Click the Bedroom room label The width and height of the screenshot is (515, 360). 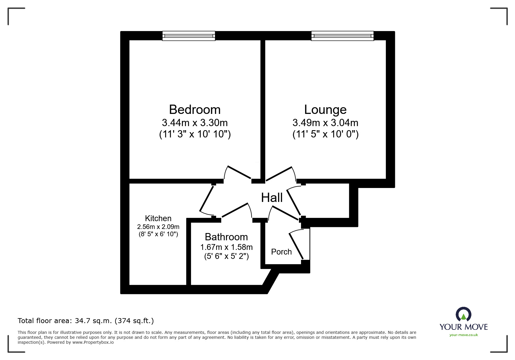[x=195, y=110]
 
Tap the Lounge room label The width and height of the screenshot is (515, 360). [x=325, y=110]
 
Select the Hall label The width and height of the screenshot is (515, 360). [x=272, y=198]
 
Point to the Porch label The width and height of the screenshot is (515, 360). [x=281, y=252]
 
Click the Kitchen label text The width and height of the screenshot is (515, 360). [x=158, y=218]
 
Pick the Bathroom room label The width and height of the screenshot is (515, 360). [x=226, y=237]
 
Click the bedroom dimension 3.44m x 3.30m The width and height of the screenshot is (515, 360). [x=195, y=123]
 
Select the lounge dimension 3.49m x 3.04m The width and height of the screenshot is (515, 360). [x=325, y=123]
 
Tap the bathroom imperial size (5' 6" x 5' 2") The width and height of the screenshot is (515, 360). [x=226, y=256]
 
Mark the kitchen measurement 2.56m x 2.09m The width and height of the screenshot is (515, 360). [x=158, y=227]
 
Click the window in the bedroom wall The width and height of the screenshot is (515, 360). [x=189, y=36]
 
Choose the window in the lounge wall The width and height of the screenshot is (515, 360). [x=342, y=36]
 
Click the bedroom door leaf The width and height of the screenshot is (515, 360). [x=239, y=172]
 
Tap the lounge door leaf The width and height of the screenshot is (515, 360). [x=279, y=173]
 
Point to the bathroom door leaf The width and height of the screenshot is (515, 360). [x=235, y=210]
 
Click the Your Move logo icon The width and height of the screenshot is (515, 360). [x=463, y=314]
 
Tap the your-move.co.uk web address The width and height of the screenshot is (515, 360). [x=464, y=335]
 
